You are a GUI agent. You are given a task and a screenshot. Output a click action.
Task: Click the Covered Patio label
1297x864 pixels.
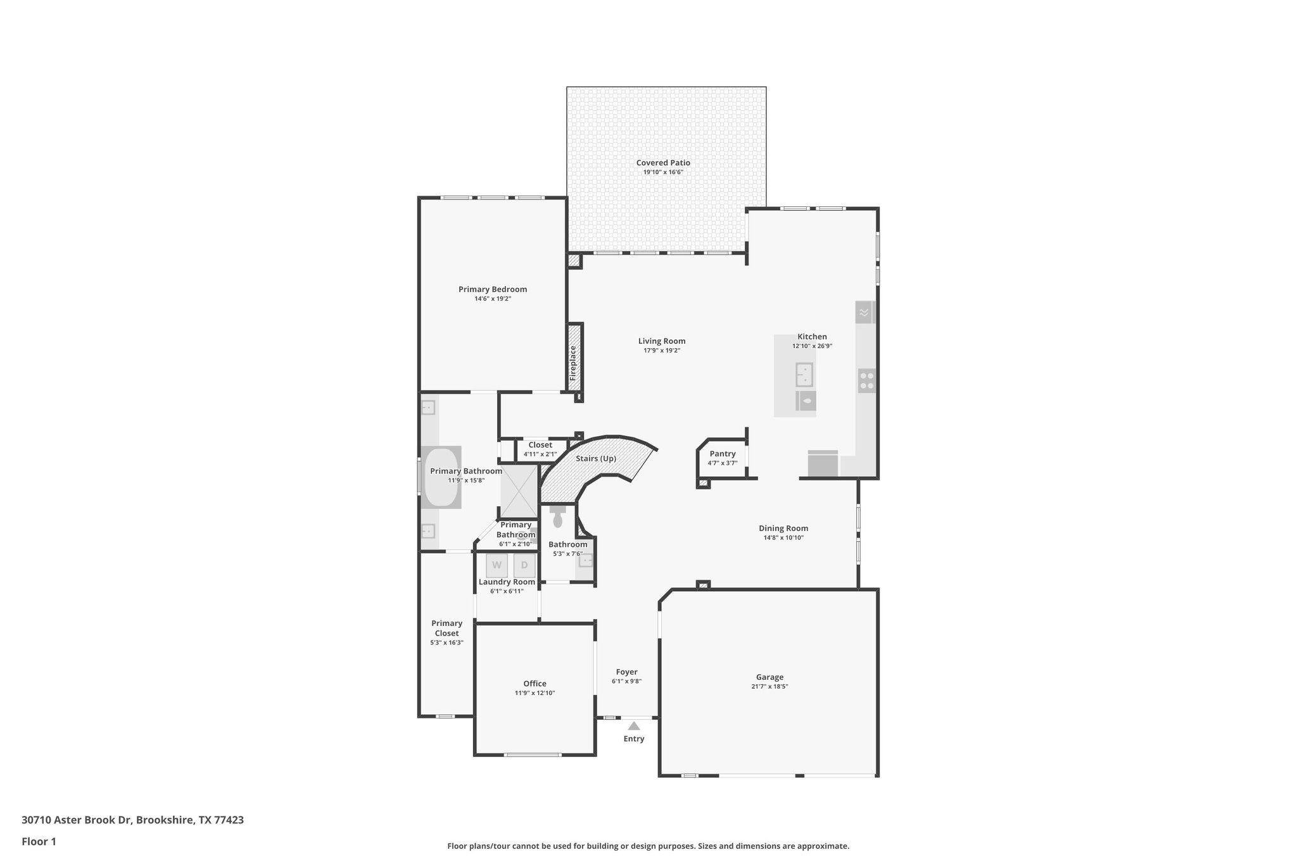(663, 163)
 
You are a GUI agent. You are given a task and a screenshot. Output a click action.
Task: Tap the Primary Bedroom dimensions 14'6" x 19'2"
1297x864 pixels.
(493, 299)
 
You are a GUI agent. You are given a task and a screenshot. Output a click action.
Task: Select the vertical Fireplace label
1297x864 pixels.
(573, 362)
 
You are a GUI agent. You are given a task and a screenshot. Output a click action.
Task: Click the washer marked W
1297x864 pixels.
(497, 565)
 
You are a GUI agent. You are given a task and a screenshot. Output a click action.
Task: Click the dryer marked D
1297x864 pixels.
(524, 565)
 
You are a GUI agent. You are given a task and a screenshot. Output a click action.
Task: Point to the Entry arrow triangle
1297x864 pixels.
(634, 726)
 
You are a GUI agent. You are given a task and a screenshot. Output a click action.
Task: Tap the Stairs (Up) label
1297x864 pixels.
(596, 458)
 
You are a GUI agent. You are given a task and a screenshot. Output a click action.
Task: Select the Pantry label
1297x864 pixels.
(723, 454)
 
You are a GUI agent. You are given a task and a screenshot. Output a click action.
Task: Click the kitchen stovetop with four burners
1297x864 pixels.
(867, 380)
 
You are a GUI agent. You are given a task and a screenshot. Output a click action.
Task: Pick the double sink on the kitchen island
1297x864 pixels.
(804, 375)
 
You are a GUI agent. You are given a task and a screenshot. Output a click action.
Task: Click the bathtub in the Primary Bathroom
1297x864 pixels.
(441, 477)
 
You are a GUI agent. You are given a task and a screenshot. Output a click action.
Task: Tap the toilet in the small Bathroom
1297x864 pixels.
(558, 517)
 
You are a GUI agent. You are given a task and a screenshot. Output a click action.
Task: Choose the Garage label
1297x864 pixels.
(769, 677)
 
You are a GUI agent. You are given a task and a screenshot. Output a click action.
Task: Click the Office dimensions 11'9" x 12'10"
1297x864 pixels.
(535, 693)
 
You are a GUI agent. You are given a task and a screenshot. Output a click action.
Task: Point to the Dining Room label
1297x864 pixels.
(783, 529)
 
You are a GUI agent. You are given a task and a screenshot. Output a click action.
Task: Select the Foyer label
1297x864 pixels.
(626, 672)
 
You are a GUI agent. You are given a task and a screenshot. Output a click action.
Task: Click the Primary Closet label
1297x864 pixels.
(446, 628)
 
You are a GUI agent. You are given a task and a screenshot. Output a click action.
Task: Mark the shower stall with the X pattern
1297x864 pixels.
(519, 491)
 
